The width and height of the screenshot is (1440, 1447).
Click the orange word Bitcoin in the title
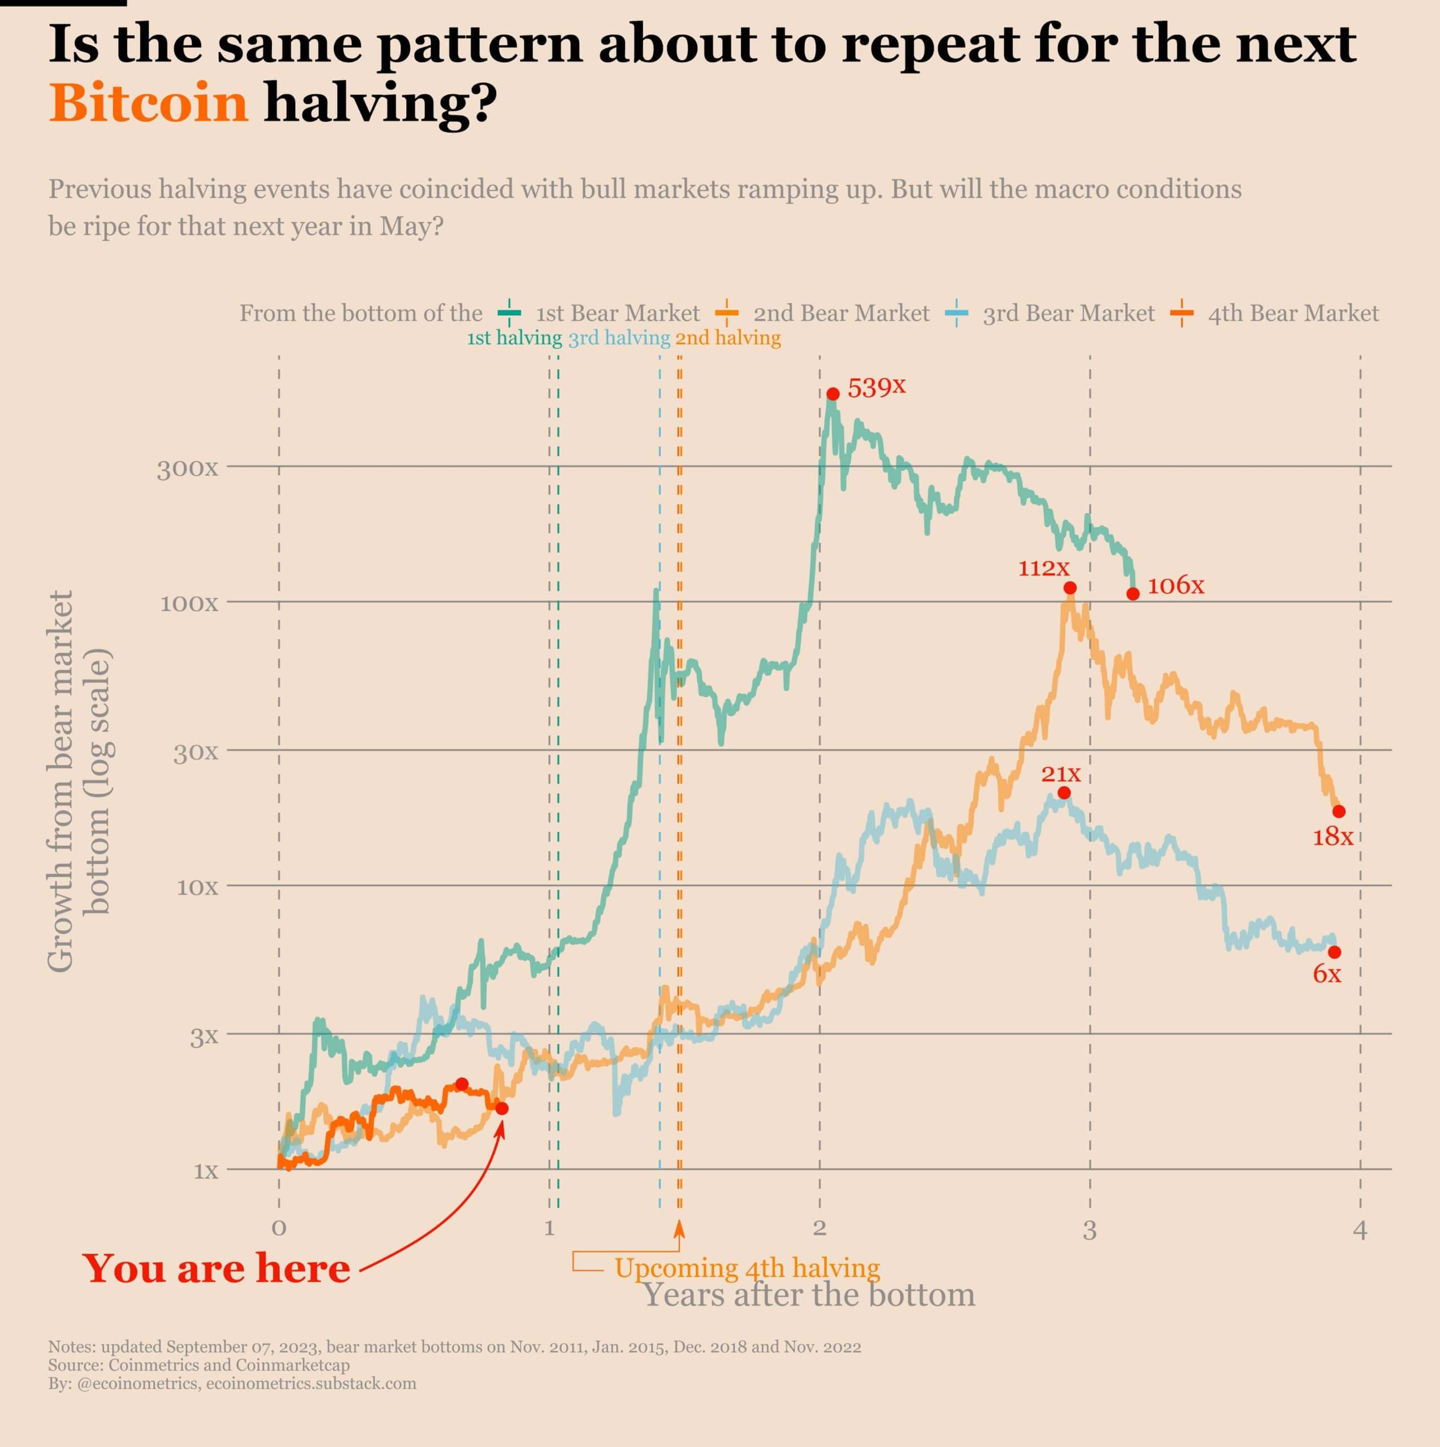click(x=148, y=103)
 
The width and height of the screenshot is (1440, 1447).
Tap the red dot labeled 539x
click(x=832, y=394)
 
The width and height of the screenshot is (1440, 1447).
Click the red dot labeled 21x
click(x=1064, y=793)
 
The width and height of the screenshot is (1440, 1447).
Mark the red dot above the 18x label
click(x=1339, y=812)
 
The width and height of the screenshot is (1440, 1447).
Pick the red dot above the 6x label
click(x=1334, y=952)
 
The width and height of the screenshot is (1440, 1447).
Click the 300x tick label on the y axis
click(x=187, y=470)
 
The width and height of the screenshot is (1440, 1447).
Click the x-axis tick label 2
click(x=819, y=1229)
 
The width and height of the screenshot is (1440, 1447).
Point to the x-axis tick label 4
click(x=1360, y=1230)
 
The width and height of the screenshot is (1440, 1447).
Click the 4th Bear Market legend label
click(x=1292, y=313)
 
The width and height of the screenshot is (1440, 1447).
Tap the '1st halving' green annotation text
click(x=514, y=339)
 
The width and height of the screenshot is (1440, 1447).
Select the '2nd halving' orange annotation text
click(x=728, y=339)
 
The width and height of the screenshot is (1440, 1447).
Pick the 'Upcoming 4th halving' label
click(x=747, y=1268)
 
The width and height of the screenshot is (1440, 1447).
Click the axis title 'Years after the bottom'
click(x=809, y=1295)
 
